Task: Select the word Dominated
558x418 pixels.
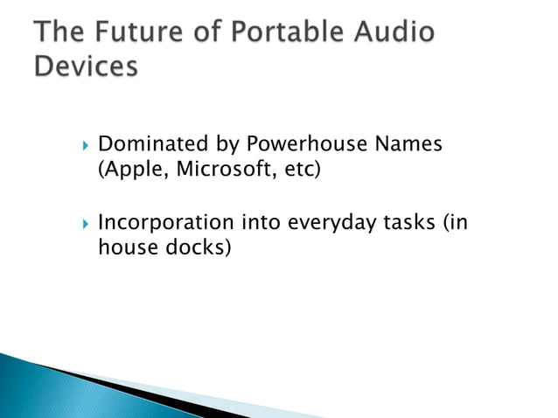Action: click(x=149, y=143)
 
